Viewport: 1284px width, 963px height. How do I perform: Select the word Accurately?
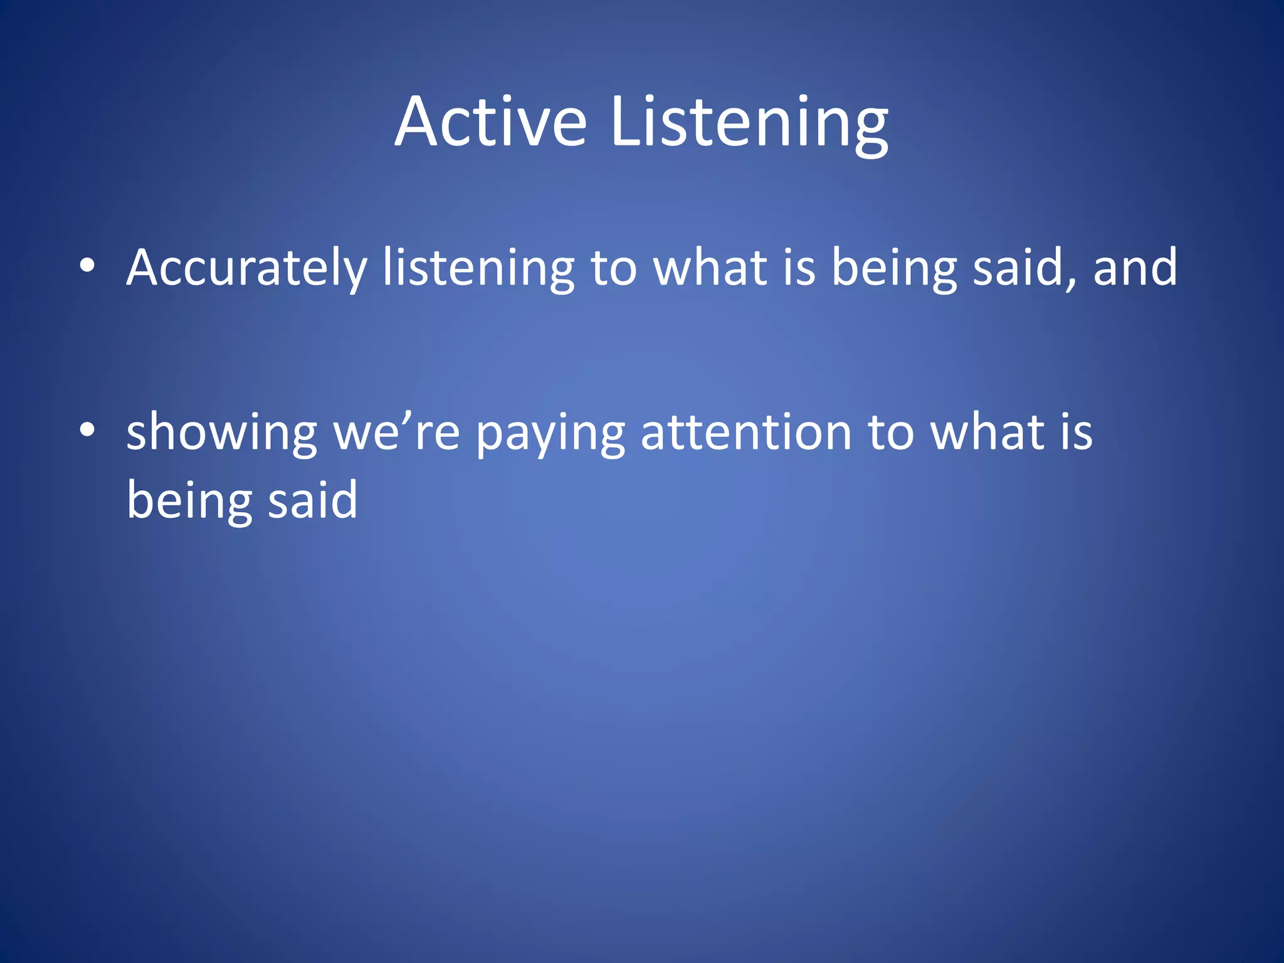pyautogui.click(x=246, y=268)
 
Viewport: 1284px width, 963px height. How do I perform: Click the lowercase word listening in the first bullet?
pyautogui.click(x=478, y=268)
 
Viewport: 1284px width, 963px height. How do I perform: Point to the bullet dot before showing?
pyautogui.click(x=87, y=431)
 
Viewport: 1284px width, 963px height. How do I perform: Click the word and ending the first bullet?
pyautogui.click(x=1135, y=268)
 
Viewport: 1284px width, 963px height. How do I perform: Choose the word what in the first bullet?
pyautogui.click(x=710, y=268)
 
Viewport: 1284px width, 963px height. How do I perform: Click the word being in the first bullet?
pyautogui.click(x=894, y=268)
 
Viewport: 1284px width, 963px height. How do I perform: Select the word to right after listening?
pyautogui.click(x=614, y=268)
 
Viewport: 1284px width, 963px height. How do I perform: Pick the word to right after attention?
pyautogui.click(x=891, y=433)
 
